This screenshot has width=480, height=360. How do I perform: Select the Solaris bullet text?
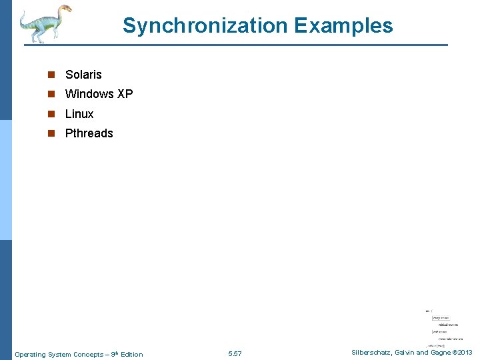click(x=83, y=75)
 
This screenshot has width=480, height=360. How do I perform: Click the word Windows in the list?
click(x=89, y=94)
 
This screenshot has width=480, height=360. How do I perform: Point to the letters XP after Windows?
click(x=125, y=94)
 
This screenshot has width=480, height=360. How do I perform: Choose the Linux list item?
click(x=79, y=114)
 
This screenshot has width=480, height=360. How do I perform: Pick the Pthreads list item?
click(x=89, y=133)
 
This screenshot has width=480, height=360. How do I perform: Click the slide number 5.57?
click(x=235, y=354)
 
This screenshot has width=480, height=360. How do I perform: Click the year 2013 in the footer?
click(x=465, y=353)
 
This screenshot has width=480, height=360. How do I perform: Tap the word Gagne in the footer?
click(x=440, y=353)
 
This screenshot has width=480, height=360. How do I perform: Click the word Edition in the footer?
click(x=131, y=354)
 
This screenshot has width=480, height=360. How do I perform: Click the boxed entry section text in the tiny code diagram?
click(x=440, y=317)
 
